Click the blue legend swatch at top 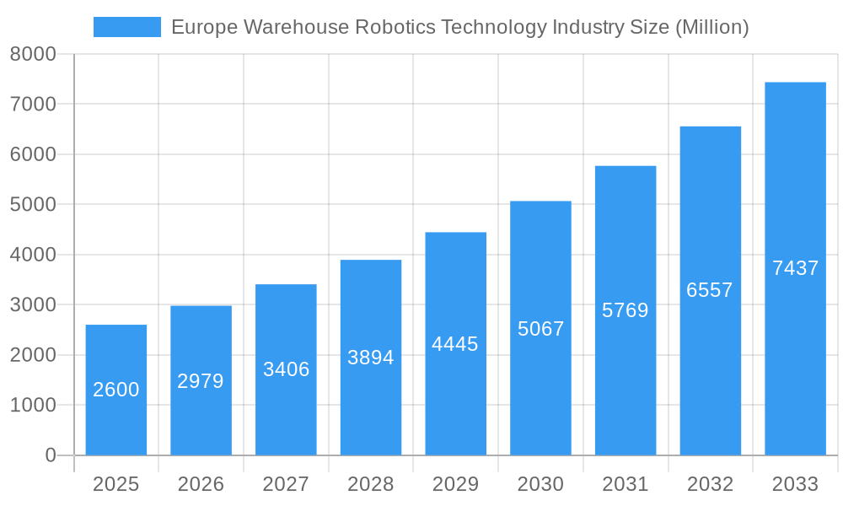[x=126, y=27]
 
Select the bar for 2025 [x=116, y=390]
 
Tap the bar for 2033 [x=795, y=268]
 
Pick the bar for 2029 [x=455, y=343]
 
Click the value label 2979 [x=201, y=381]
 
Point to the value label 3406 [x=286, y=369]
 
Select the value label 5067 [x=540, y=329]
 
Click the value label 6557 [x=710, y=290]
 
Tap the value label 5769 [x=626, y=310]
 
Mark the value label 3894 [x=371, y=358]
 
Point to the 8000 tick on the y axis [x=33, y=54]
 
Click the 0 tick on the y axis [x=50, y=455]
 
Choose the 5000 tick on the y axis [x=33, y=205]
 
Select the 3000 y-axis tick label [x=33, y=305]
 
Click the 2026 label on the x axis [x=201, y=484]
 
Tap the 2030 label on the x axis [x=540, y=484]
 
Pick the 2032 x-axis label [x=710, y=484]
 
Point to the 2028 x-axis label [x=371, y=484]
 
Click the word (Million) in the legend [x=711, y=27]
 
